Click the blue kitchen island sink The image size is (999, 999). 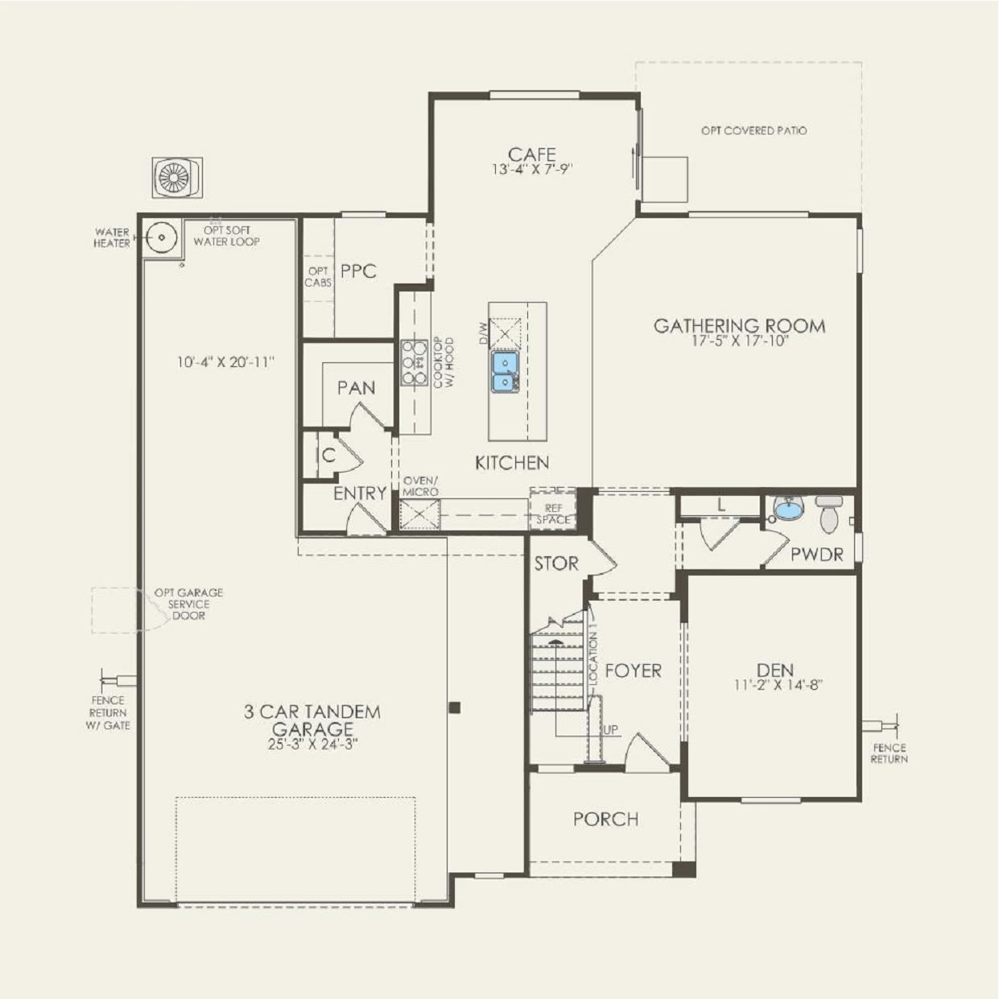pyautogui.click(x=505, y=371)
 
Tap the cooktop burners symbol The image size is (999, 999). pyautogui.click(x=415, y=363)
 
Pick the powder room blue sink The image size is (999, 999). pyautogui.click(x=787, y=509)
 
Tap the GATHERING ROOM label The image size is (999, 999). pyautogui.click(x=739, y=326)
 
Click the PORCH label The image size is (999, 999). pyautogui.click(x=605, y=819)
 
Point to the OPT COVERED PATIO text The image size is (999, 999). pyautogui.click(x=753, y=130)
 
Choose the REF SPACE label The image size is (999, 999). pyautogui.click(x=554, y=514)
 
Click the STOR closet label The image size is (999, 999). pyautogui.click(x=556, y=564)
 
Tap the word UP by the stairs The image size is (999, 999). pyautogui.click(x=611, y=729)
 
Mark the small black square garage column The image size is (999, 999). pyautogui.click(x=454, y=708)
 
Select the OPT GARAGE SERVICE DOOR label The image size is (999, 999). pyautogui.click(x=188, y=604)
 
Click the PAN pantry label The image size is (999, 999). pyautogui.click(x=356, y=388)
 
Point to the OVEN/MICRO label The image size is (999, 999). pyautogui.click(x=420, y=486)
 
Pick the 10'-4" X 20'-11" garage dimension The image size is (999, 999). pyautogui.click(x=225, y=362)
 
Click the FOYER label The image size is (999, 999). pyautogui.click(x=633, y=671)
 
